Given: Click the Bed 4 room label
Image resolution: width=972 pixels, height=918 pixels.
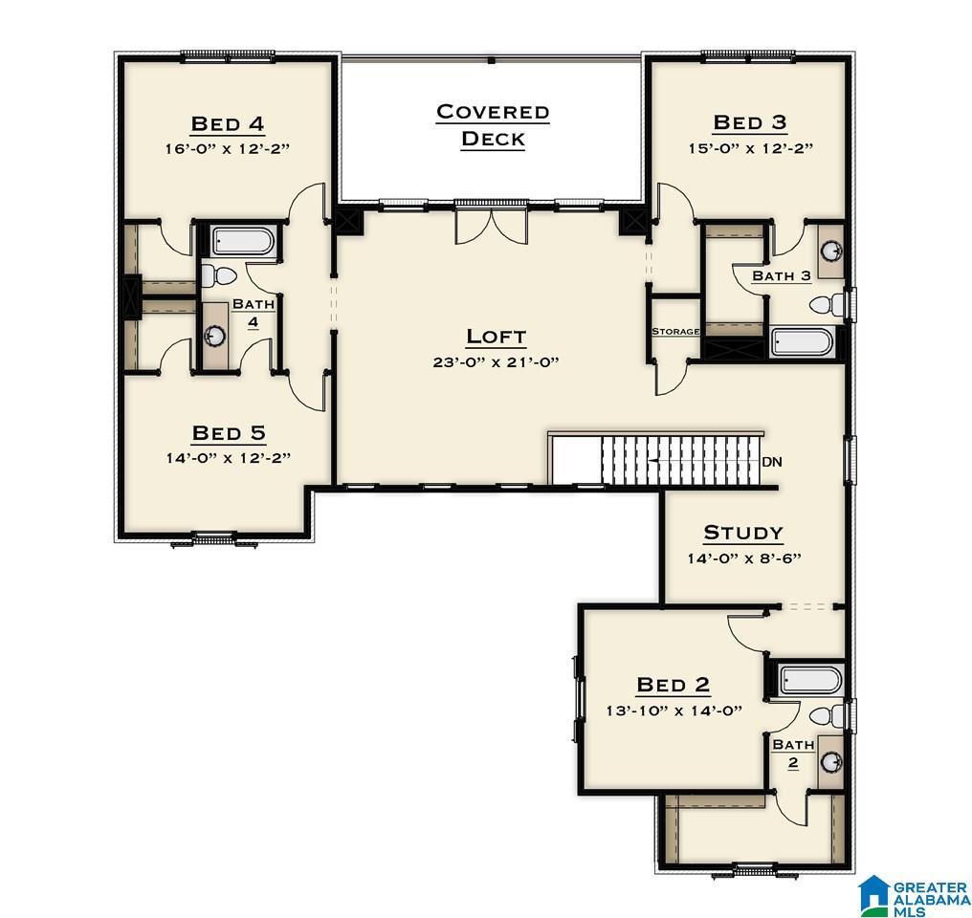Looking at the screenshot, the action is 228,123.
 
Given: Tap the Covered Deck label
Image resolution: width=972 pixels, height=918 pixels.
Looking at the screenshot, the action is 493,125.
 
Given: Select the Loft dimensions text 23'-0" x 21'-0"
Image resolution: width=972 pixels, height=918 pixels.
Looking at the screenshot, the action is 496,361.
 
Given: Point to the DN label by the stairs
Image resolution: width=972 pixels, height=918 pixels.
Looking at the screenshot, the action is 772,462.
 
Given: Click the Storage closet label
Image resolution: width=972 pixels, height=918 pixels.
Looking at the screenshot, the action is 675,332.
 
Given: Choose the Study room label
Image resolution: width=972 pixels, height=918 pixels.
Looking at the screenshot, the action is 743,533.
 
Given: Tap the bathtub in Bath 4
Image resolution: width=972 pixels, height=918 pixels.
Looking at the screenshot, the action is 242,242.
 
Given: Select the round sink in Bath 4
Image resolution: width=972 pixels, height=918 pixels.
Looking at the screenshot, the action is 215,336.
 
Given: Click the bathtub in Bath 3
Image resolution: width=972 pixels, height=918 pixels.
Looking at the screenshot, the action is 803,342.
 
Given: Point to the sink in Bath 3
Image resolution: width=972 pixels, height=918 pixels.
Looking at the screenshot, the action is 830,251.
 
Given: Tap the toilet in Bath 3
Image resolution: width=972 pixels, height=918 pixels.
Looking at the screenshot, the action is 827,305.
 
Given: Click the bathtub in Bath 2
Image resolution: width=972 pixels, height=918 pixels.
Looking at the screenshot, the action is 811,680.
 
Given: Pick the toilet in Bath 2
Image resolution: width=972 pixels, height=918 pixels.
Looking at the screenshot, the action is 827,715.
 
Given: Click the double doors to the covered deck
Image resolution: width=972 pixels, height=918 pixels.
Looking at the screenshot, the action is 491,226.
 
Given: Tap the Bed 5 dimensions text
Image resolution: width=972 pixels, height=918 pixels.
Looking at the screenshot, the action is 228,458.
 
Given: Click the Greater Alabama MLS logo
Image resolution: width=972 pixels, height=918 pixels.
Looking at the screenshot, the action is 914,895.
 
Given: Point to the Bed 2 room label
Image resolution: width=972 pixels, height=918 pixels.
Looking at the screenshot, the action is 674,685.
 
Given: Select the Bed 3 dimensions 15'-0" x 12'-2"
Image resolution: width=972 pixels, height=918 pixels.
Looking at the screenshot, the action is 750,148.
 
